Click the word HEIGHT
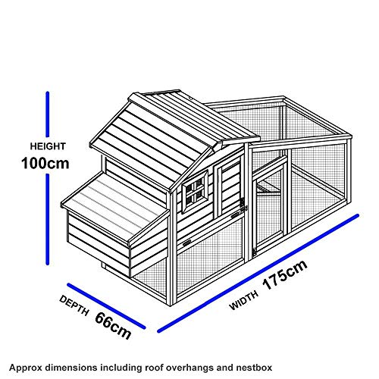point(48,146)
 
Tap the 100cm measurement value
point(45,163)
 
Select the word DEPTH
point(74,305)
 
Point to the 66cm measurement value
point(113,326)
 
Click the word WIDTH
point(244,300)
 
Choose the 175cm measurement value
point(285,274)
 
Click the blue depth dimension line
point(106,306)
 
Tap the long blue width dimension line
point(258,273)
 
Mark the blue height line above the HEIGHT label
point(48,114)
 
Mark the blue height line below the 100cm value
point(47,220)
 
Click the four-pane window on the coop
point(196,192)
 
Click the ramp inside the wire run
point(268,189)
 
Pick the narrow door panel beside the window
point(228,188)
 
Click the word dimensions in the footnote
point(70,367)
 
